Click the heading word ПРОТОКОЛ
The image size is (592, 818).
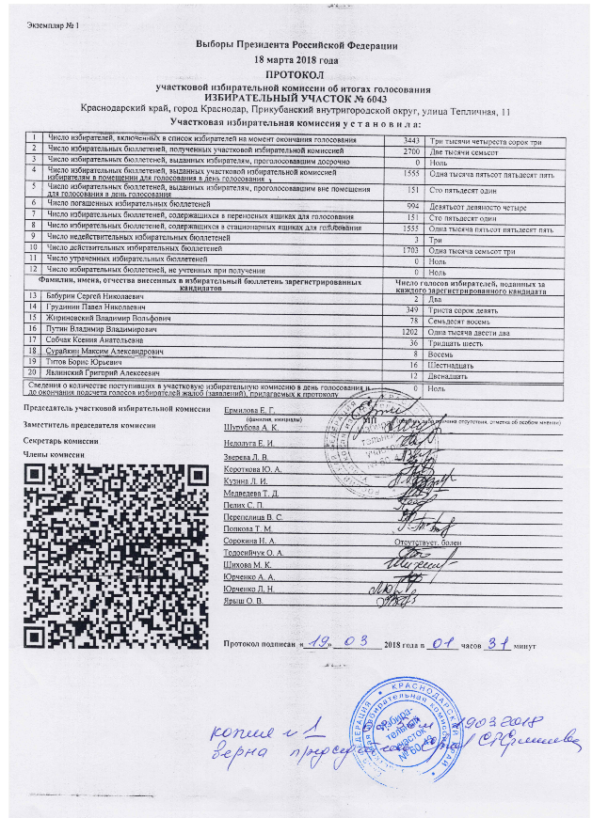(296, 73)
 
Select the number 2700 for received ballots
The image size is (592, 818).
(410, 150)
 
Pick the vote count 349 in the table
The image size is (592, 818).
(409, 307)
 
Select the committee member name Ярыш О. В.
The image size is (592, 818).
(243, 600)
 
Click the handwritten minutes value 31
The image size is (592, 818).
(494, 644)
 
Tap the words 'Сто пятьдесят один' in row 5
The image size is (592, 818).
(460, 189)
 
